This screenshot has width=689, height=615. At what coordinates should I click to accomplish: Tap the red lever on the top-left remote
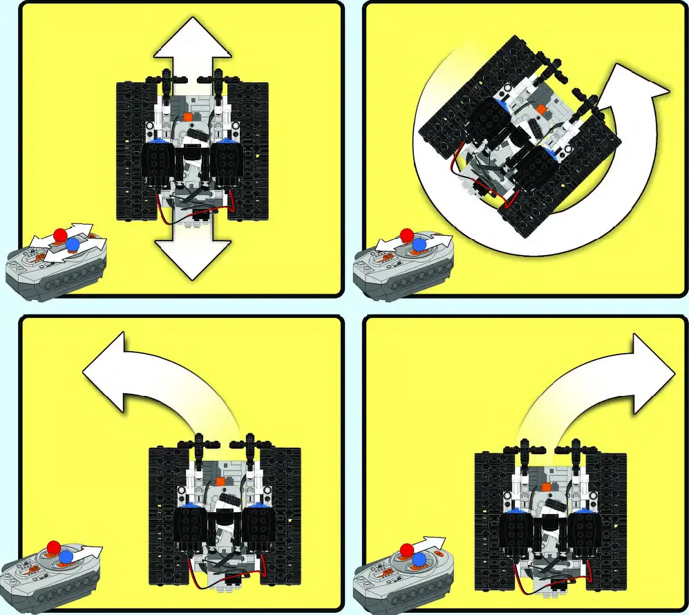60,233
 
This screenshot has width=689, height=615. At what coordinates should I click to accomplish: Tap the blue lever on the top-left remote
73,244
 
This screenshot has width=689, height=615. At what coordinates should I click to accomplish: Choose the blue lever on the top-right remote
419,245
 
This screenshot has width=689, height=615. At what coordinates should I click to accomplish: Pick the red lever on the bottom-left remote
54,547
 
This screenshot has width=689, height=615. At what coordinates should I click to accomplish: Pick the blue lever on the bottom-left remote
66,556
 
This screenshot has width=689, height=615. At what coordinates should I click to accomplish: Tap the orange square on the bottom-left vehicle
220,480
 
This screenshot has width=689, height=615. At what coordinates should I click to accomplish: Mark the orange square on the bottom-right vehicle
547,486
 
